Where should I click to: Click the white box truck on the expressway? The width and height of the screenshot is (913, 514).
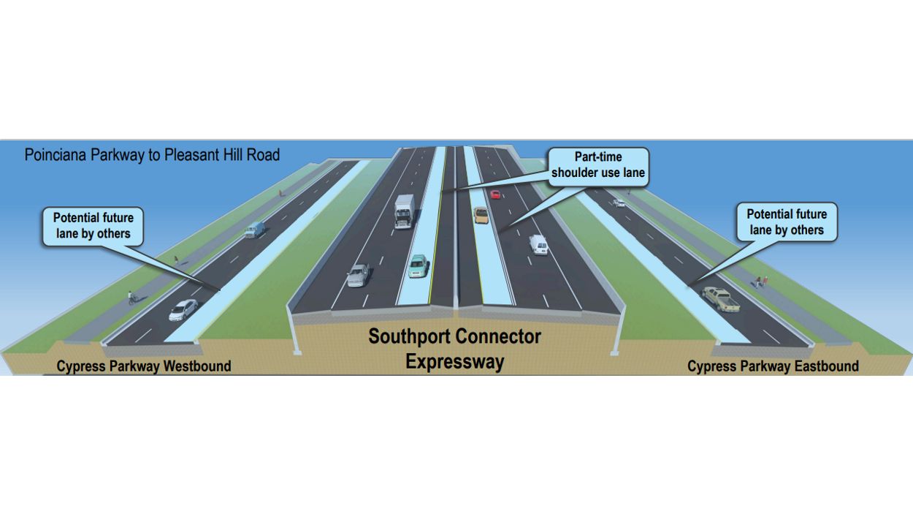(x=404, y=211)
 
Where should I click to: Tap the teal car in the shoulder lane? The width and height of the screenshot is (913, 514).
(x=418, y=265)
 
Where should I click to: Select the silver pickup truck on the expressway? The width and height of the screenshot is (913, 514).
(x=358, y=275)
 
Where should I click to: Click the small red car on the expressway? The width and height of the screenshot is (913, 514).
(x=495, y=194)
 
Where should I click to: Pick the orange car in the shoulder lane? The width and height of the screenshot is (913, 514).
(x=481, y=215)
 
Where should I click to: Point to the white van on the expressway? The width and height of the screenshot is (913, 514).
(x=538, y=245)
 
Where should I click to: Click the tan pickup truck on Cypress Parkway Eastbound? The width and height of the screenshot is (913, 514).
(x=720, y=299)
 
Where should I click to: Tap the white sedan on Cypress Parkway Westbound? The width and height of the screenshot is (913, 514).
(x=183, y=310)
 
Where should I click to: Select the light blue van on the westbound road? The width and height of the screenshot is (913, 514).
(x=254, y=230)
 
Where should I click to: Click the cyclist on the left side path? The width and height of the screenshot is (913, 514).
(x=132, y=298)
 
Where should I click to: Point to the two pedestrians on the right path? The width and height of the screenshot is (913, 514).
(x=761, y=281)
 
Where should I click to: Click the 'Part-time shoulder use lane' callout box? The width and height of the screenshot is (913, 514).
(x=598, y=165)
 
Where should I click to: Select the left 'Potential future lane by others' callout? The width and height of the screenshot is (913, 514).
(x=93, y=227)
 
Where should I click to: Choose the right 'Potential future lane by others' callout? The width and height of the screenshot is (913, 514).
(x=786, y=222)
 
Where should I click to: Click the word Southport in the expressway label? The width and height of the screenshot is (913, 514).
(x=410, y=337)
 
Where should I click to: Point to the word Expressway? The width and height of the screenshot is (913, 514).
(x=454, y=362)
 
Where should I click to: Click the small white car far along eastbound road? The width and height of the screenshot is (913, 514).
(x=619, y=203)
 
